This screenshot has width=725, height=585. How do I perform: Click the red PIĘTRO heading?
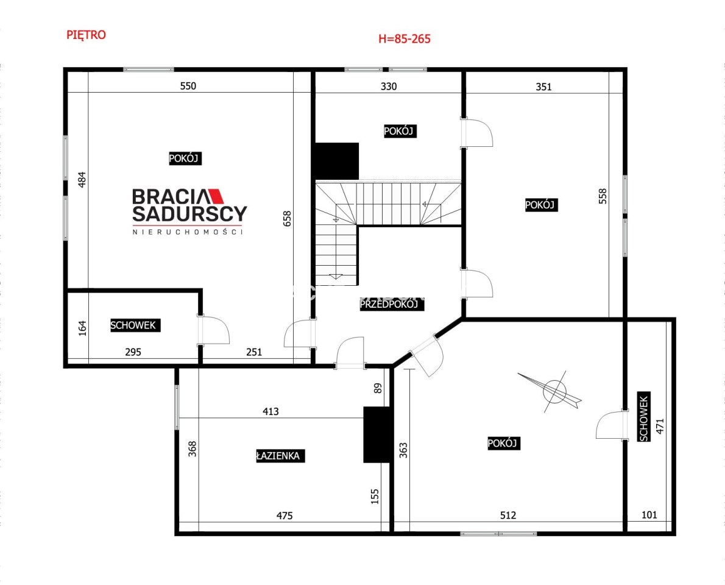[86, 35]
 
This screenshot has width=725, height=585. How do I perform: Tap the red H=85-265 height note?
[404, 39]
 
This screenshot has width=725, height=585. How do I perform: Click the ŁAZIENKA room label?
[280, 456]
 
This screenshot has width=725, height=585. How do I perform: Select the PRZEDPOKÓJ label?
[392, 304]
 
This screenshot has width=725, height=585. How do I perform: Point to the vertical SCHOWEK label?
[643, 417]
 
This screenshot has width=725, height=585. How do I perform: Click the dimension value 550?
[188, 86]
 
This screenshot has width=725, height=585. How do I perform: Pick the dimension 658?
[287, 219]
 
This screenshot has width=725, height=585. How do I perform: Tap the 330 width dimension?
[389, 87]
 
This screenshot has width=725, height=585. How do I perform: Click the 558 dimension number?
[603, 196]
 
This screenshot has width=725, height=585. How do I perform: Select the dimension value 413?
[271, 411]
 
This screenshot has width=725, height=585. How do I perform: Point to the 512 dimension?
[507, 515]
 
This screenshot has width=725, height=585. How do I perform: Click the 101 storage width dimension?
[649, 515]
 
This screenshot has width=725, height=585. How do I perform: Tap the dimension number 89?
[378, 388]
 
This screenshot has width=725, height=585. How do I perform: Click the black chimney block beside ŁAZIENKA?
[378, 434]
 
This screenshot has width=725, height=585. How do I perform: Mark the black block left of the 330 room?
[337, 161]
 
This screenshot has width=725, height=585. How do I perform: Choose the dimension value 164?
[82, 328]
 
